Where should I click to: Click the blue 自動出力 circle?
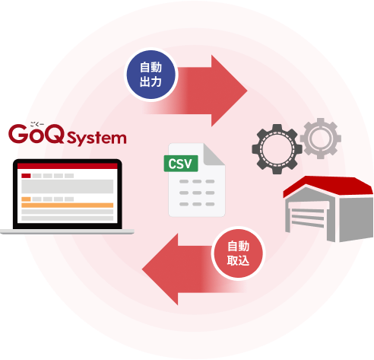point(151,75)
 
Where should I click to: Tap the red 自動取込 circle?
point(238,253)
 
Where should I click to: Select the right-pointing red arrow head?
point(229,91)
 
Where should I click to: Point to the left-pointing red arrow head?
point(160,269)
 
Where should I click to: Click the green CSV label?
point(181,164)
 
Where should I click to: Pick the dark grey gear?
point(277,149)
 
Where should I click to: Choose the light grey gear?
point(321,139)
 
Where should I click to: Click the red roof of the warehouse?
point(329,186)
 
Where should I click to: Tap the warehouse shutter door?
point(308,218)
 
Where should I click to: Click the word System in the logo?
point(97,139)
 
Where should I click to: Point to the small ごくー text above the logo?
point(37,124)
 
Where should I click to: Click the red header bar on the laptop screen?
point(68,166)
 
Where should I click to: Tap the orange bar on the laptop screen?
point(68,205)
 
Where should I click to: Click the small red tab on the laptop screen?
point(26,176)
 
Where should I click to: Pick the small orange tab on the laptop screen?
point(26,199)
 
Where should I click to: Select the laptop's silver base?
point(67,231)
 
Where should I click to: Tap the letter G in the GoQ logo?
point(18,134)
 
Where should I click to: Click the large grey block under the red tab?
point(68,186)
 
